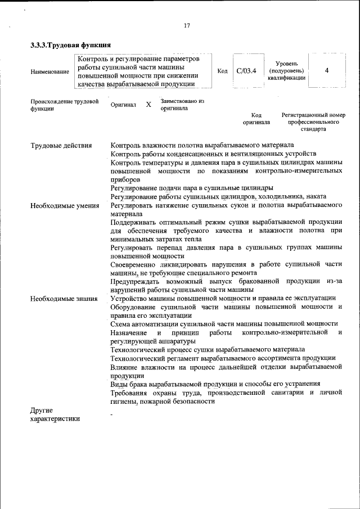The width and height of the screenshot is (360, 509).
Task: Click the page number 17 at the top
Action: click(x=187, y=25)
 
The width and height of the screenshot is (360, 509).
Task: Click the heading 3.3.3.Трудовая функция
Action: click(x=70, y=45)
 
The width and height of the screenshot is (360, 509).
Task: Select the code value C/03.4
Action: click(x=246, y=71)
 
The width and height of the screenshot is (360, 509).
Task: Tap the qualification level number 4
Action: click(x=327, y=71)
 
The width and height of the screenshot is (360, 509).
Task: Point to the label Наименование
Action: click(x=50, y=71)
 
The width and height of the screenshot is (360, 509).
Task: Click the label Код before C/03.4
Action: click(x=222, y=71)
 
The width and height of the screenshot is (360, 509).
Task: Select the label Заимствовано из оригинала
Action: click(x=182, y=105)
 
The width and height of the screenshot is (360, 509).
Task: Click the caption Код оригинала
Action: click(x=256, y=118)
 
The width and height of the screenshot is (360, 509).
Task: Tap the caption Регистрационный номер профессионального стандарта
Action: click(x=313, y=121)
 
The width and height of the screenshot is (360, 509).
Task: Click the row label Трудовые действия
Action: click(x=61, y=146)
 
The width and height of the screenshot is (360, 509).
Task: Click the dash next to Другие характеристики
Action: click(x=112, y=415)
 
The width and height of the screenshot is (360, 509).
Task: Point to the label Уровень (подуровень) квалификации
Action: click(x=291, y=71)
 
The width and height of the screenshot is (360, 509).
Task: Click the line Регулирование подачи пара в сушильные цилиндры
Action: click(x=192, y=187)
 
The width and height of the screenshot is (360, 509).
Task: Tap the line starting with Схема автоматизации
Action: click(x=224, y=323)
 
